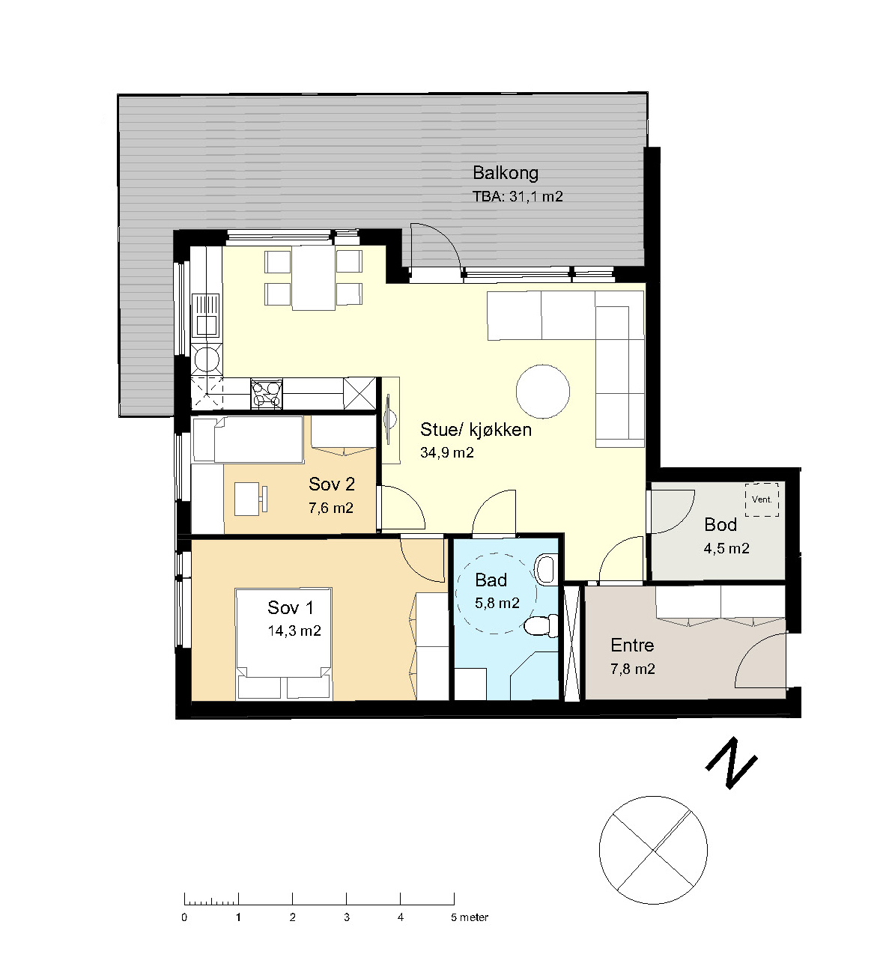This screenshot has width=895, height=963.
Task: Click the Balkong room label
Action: (x=506, y=174)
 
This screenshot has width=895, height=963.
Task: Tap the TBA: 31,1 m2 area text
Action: (x=518, y=196)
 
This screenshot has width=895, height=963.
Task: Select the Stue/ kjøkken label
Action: (x=476, y=430)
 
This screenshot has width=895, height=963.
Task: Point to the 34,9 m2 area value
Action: (x=447, y=453)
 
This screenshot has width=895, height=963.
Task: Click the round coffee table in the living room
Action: (x=543, y=392)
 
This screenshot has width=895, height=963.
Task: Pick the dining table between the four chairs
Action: (x=313, y=278)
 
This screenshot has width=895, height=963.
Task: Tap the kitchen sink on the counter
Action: (x=206, y=316)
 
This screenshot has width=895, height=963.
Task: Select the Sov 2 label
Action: (x=332, y=484)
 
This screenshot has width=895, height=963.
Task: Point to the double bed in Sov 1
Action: (x=284, y=644)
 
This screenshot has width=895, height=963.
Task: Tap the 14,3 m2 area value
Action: (x=294, y=631)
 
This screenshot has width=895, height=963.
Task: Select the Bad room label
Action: (x=491, y=580)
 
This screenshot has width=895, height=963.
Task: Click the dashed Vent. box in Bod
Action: (x=762, y=499)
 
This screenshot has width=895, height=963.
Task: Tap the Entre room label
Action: (x=633, y=645)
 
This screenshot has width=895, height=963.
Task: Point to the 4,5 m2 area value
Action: (x=726, y=548)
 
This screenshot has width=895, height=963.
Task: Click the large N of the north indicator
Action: (x=731, y=763)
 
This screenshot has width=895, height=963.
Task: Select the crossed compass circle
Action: (x=653, y=850)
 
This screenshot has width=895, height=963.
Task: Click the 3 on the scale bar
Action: (x=346, y=918)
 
